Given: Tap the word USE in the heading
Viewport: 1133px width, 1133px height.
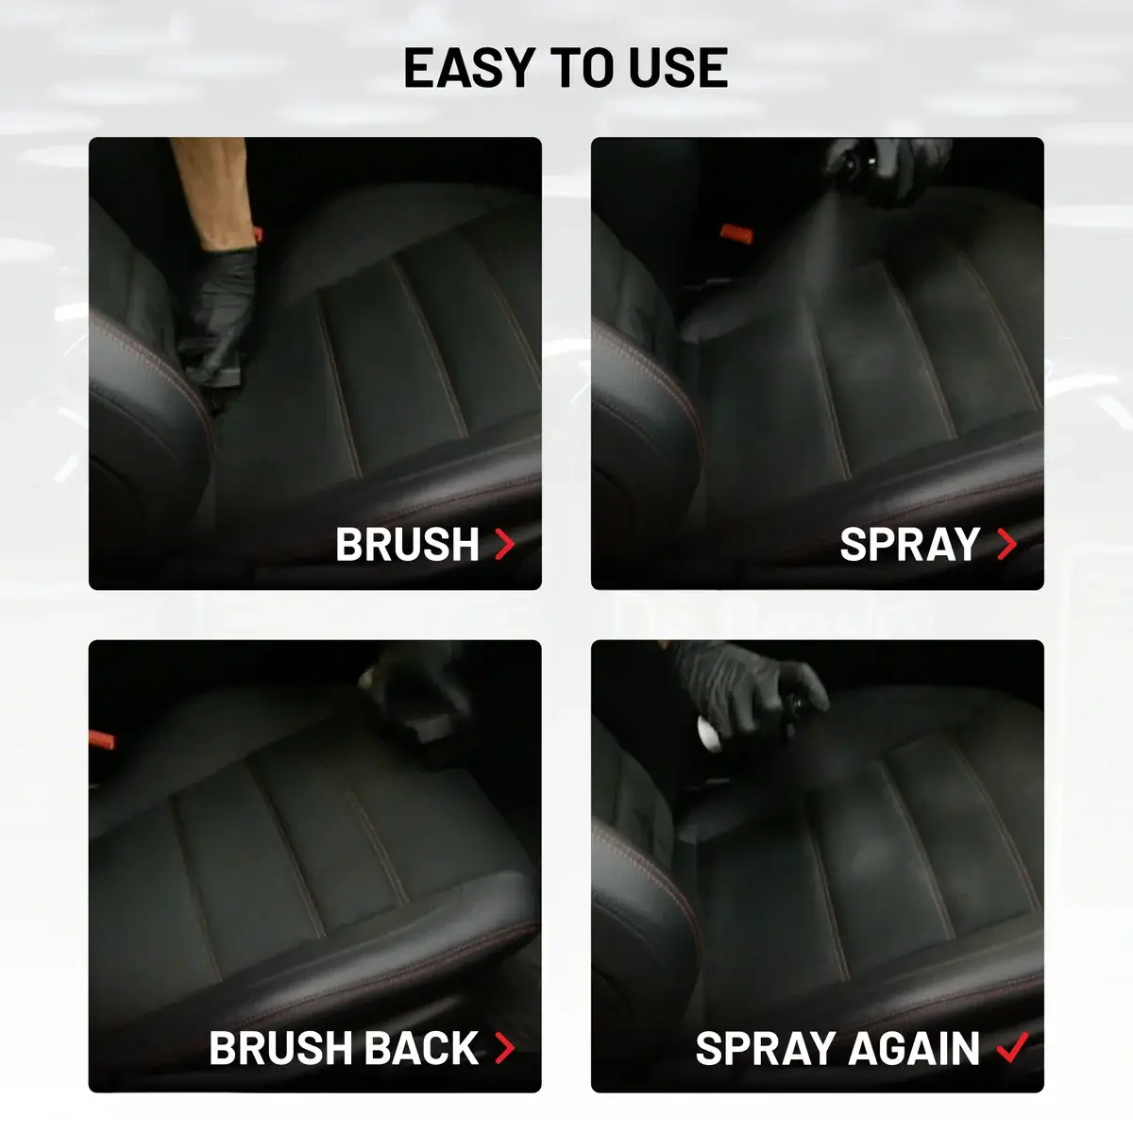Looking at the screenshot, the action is (x=679, y=68).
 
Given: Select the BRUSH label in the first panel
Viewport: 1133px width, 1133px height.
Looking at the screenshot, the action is (x=408, y=544).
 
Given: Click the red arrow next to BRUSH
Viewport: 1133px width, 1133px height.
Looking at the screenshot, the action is (x=505, y=544).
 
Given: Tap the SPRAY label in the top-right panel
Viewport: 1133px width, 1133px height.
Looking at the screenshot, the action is (x=909, y=544).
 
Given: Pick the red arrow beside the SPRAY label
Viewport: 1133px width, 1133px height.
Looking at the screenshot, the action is (x=1007, y=544).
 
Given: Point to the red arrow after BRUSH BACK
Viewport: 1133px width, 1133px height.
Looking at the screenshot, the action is (x=505, y=1048).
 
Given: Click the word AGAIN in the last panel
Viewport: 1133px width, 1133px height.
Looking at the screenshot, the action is (x=914, y=1048).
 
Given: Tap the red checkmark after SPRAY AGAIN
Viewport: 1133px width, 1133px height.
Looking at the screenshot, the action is (x=1012, y=1047).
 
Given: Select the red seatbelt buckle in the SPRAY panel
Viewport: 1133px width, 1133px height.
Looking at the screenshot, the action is (x=736, y=234).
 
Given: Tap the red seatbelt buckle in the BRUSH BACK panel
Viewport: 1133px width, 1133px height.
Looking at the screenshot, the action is (x=102, y=739).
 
